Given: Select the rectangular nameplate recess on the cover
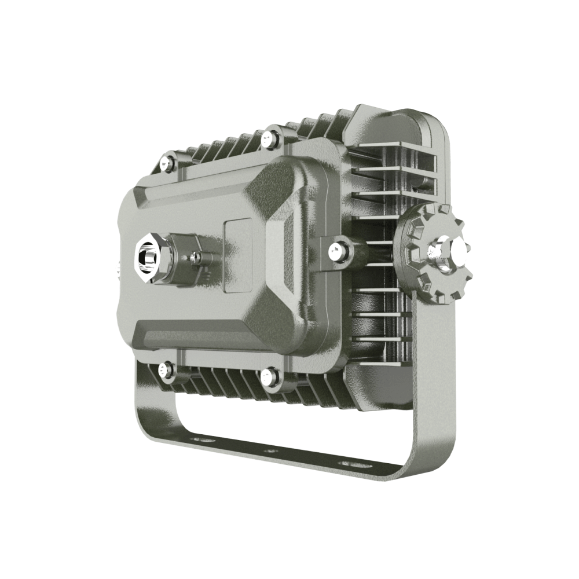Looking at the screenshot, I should [238, 255].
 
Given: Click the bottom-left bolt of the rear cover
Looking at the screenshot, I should [167, 369].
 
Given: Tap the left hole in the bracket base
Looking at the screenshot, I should [202, 441].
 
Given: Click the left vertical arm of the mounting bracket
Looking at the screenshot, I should [142, 405].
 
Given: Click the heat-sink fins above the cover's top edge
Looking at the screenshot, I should [220, 148].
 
